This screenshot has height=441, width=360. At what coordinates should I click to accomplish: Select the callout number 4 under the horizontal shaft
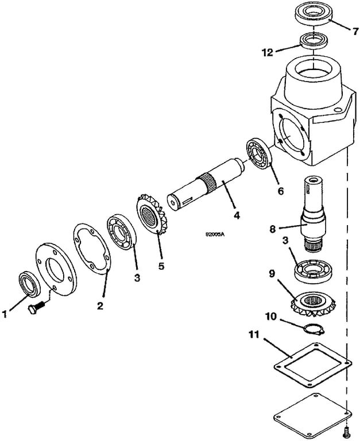click(x=237, y=216)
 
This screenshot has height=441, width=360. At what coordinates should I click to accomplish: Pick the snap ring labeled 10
click(x=312, y=329)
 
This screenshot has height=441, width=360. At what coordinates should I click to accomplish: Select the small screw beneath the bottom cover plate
click(x=346, y=429)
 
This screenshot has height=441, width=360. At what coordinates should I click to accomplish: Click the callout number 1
click(x=5, y=314)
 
